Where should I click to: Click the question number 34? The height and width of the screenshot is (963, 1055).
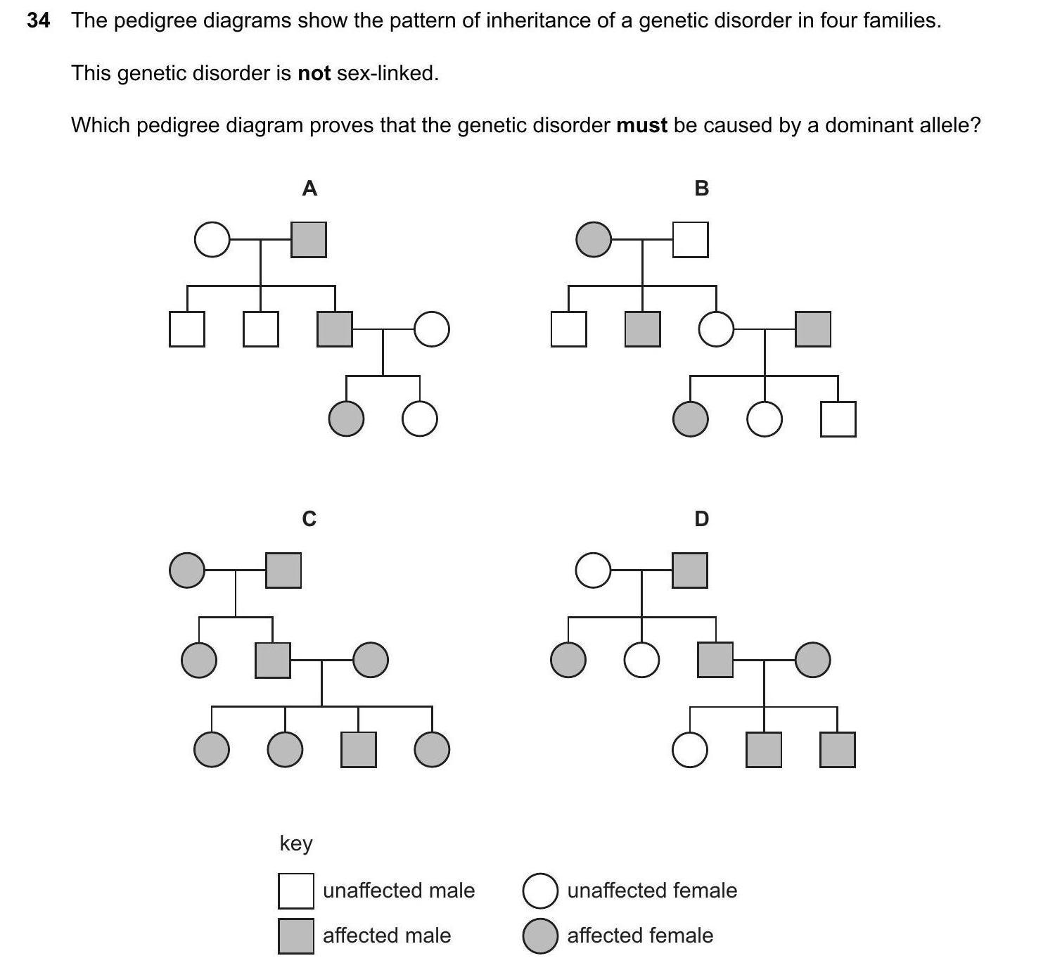[39, 20]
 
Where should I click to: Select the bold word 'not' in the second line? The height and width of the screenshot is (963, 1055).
[314, 73]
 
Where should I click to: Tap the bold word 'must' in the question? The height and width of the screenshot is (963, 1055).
[641, 125]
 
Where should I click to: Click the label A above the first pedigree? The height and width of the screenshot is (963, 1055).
[309, 189]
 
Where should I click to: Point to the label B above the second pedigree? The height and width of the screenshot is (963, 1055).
[701, 189]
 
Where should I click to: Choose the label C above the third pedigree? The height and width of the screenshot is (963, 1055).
[309, 519]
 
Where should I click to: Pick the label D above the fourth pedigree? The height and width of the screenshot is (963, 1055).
[701, 519]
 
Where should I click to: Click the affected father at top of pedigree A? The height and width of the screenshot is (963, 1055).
[309, 240]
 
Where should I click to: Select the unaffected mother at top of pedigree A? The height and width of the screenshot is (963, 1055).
[212, 240]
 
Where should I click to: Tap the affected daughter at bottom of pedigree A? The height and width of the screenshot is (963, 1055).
[347, 419]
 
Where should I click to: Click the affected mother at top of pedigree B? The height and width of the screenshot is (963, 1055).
[594, 240]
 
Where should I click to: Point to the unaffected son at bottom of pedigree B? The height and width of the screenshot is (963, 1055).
[838, 419]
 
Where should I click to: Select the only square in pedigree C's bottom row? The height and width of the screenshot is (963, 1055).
[359, 749]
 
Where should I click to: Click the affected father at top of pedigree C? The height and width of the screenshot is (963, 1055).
[283, 570]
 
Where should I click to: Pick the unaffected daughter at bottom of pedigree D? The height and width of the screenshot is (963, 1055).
[690, 749]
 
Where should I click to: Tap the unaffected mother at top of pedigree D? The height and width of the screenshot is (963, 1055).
[593, 570]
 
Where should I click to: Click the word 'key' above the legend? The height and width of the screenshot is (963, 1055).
[296, 843]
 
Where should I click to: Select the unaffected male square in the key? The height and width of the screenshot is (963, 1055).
[296, 891]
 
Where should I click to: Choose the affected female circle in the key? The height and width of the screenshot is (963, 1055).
[540, 936]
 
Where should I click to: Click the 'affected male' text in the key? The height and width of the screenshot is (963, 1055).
[386, 936]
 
